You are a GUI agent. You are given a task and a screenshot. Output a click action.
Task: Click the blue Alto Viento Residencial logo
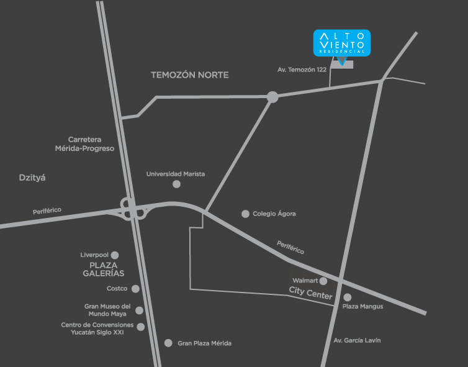[x=342, y=43]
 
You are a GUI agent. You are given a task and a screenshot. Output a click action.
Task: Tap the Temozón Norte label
[x=190, y=75]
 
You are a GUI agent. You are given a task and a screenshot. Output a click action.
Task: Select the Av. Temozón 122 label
[x=302, y=70]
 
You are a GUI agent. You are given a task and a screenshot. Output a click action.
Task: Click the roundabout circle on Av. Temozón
[x=272, y=97]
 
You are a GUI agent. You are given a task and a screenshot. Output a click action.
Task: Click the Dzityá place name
[x=33, y=178]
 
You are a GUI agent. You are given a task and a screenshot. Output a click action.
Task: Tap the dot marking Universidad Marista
[x=177, y=184]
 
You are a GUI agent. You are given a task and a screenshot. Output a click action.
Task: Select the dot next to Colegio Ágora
[x=245, y=214]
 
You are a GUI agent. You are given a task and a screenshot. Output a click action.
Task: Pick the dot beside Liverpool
[x=115, y=255]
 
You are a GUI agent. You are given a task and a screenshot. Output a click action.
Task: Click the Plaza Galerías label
[x=103, y=269]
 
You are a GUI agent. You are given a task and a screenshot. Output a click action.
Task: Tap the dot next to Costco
[x=135, y=289]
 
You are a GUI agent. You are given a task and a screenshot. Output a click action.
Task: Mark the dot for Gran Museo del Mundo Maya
[x=139, y=310]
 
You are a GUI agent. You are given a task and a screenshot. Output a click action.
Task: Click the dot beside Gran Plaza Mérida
[x=168, y=343]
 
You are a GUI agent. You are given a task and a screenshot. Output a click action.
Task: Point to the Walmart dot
[x=323, y=281]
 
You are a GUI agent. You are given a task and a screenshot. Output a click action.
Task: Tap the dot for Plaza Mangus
[x=348, y=297]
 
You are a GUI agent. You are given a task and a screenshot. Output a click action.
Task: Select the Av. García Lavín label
[x=357, y=340]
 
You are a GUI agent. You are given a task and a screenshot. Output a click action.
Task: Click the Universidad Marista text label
[x=176, y=174]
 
